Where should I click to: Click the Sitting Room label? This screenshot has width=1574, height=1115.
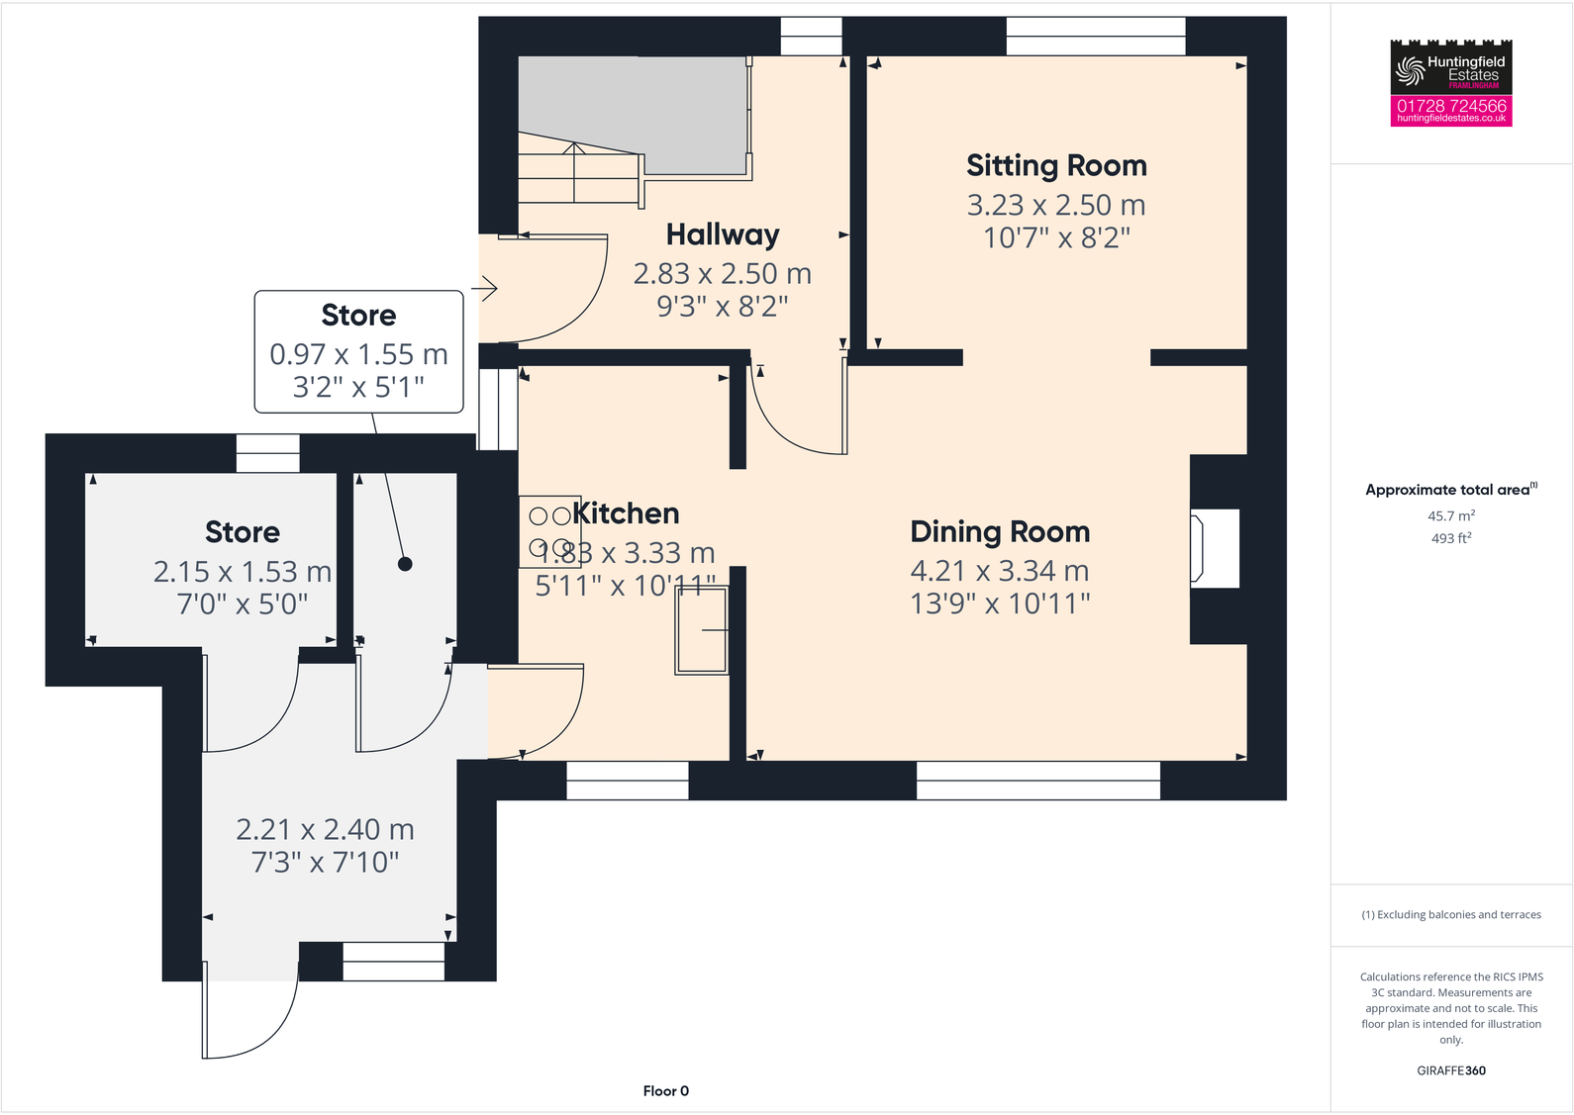[1056, 165]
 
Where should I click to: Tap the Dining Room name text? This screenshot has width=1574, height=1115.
[1000, 531]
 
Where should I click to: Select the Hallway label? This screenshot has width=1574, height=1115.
[723, 234]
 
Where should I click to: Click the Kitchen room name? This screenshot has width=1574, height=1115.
[627, 513]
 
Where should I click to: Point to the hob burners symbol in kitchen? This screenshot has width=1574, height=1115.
[549, 531]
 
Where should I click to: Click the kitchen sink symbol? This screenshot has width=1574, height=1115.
[702, 630]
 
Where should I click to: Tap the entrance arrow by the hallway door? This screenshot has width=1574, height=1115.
[484, 289]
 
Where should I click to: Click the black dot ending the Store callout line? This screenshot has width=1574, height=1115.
[405, 564]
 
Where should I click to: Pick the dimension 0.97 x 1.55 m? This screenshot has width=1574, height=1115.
[358, 354]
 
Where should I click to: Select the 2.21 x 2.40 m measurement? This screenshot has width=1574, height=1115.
[325, 829]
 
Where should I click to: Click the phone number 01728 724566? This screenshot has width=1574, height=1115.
[1451, 105]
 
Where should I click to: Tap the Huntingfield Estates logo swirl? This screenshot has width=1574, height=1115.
[1409, 70]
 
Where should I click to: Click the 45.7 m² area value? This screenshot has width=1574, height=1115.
[1451, 515]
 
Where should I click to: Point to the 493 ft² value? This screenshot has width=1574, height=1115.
[1451, 538]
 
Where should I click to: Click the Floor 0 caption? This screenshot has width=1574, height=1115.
[665, 1091]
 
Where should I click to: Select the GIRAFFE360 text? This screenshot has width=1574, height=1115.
[1451, 1070]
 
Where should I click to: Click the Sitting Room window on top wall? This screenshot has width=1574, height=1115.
[1096, 37]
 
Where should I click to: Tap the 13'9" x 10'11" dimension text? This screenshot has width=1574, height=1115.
[1000, 604]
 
